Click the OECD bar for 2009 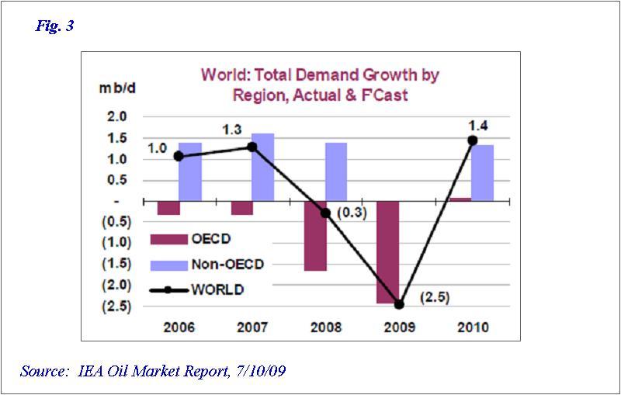(387, 251)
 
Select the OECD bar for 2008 (315, 236)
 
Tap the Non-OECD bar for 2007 (262, 167)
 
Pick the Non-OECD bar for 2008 (335, 172)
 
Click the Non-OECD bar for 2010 (482, 172)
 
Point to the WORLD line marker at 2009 (399, 304)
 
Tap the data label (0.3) (351, 211)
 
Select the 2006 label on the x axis (179, 327)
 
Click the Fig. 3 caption (55, 26)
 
